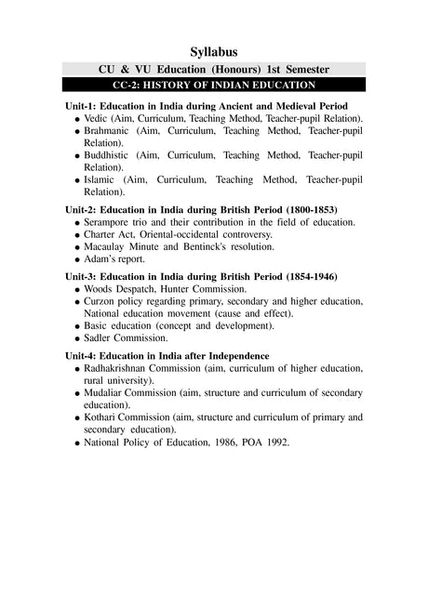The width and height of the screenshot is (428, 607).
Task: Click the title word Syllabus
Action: [213, 50]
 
